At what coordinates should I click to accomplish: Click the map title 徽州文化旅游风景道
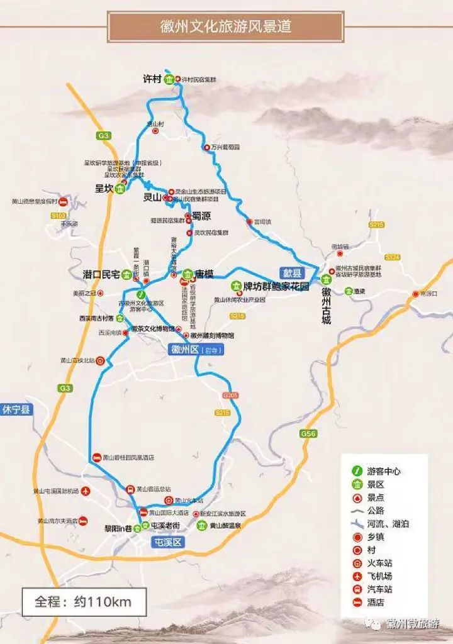[226, 27]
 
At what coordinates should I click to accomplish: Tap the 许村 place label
[152, 79]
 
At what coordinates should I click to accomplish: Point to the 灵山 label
[152, 197]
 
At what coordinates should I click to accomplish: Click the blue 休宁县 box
[16, 409]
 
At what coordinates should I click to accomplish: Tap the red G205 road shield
[230, 396]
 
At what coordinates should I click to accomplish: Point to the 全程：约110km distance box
[84, 601]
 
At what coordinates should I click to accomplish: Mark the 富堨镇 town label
[262, 222]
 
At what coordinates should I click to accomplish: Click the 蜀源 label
[201, 216]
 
